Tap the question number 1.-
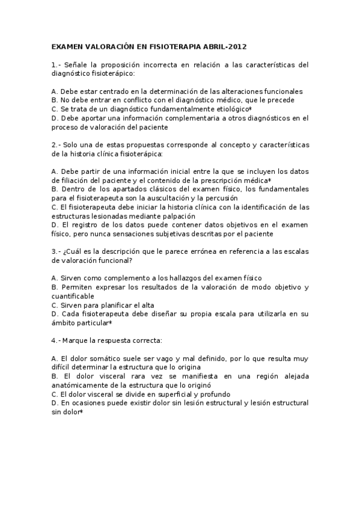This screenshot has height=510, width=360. [x=56, y=64]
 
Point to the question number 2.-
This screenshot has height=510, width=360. [x=56, y=146]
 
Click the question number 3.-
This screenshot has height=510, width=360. [x=56, y=251]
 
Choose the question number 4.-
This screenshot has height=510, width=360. [x=56, y=340]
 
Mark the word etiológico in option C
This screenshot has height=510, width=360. [x=228, y=109]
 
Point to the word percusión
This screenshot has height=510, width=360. [x=221, y=198]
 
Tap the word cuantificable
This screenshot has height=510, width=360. [x=73, y=296]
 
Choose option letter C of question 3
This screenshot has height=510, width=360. [x=55, y=305]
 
